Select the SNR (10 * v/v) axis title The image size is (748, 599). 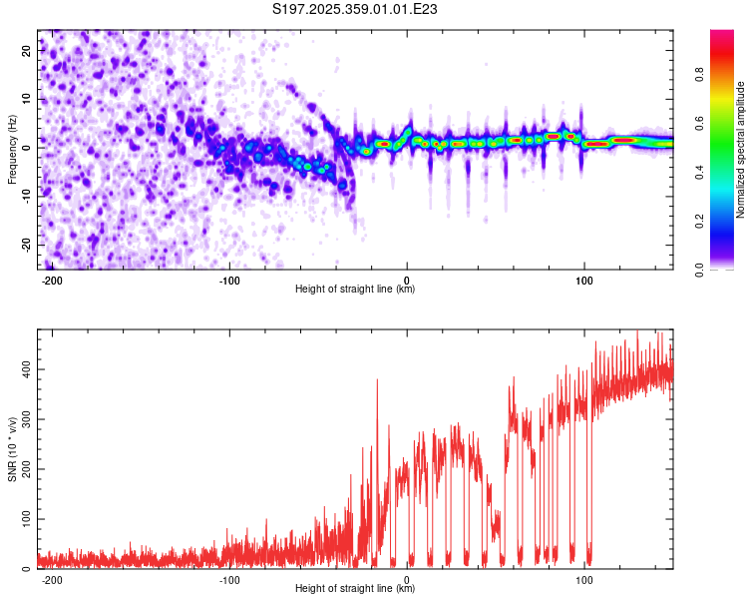coord(12,448)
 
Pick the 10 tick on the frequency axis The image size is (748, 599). coord(27,99)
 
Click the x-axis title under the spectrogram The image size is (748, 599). coord(355,290)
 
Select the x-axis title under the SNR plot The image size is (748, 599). coord(355,589)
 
